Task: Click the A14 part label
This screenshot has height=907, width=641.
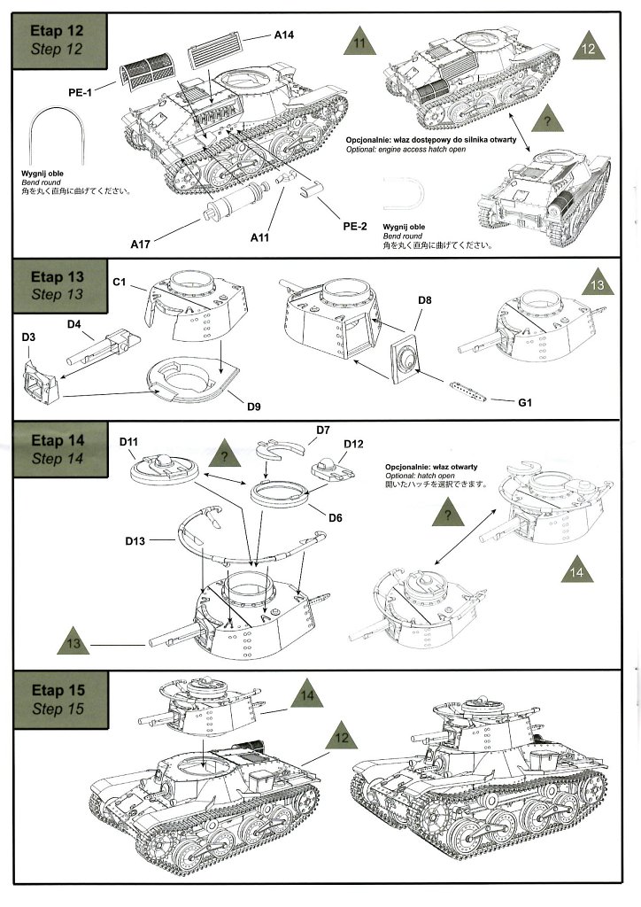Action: [x=283, y=35]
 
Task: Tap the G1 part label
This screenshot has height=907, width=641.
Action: [x=524, y=404]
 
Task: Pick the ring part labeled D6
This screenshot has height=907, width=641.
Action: [x=277, y=492]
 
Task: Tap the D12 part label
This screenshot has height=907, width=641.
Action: [x=353, y=443]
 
